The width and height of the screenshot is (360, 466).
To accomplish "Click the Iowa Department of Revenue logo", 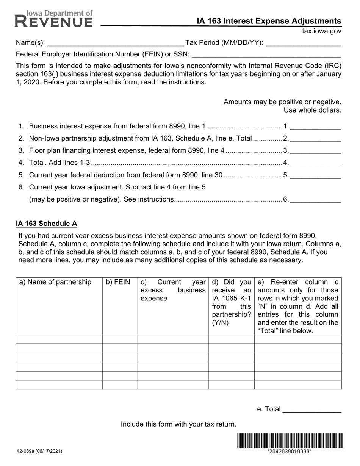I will coord(53,19).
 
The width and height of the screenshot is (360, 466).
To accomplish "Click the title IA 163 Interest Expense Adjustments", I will coord(269,21).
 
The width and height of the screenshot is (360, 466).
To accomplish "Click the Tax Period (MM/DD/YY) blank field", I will coord(304,43).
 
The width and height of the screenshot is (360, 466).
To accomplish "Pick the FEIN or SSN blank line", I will coord(266,55).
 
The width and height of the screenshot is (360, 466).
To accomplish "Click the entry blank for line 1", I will coord(315,127).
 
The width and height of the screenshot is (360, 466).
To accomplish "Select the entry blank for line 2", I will coord(315,139).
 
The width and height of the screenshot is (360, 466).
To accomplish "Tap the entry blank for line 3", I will coord(315,151).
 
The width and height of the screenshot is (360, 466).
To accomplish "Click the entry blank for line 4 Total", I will coord(315,163).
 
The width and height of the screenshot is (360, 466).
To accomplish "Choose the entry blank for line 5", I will coord(315,175).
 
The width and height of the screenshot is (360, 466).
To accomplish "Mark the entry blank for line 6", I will coord(315,199).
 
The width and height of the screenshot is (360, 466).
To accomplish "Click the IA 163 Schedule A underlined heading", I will coord(46,224).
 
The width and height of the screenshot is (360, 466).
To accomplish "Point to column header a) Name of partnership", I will coord(55,282).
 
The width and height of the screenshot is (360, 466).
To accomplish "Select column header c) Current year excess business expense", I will coord(173,290).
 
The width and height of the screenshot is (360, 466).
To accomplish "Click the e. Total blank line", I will coord(312,409).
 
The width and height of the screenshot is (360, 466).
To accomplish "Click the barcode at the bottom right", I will coord(290,441).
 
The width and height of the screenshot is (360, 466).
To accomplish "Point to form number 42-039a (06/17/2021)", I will coord(39,451).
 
